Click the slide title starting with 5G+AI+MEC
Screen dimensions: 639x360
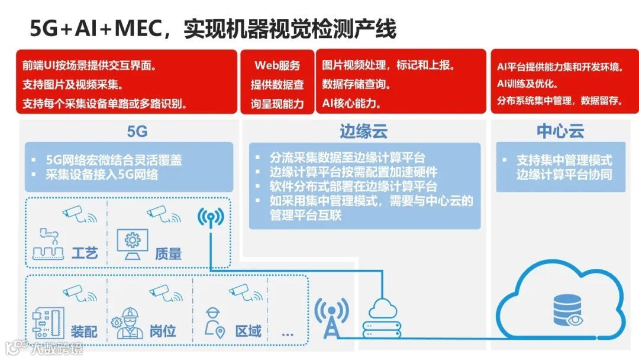point(212,28)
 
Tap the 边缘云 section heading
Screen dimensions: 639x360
point(363,130)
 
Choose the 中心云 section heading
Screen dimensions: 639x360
point(560,130)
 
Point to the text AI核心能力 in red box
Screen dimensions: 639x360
point(351,103)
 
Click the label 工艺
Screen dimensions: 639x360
point(84,253)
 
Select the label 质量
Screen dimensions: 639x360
point(168,253)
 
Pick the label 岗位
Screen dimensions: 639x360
point(162,330)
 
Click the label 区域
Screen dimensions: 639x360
point(248,330)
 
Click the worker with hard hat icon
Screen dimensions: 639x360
point(130,323)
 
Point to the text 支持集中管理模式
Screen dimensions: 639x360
point(564,160)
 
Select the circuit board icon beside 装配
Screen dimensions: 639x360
point(47,323)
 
